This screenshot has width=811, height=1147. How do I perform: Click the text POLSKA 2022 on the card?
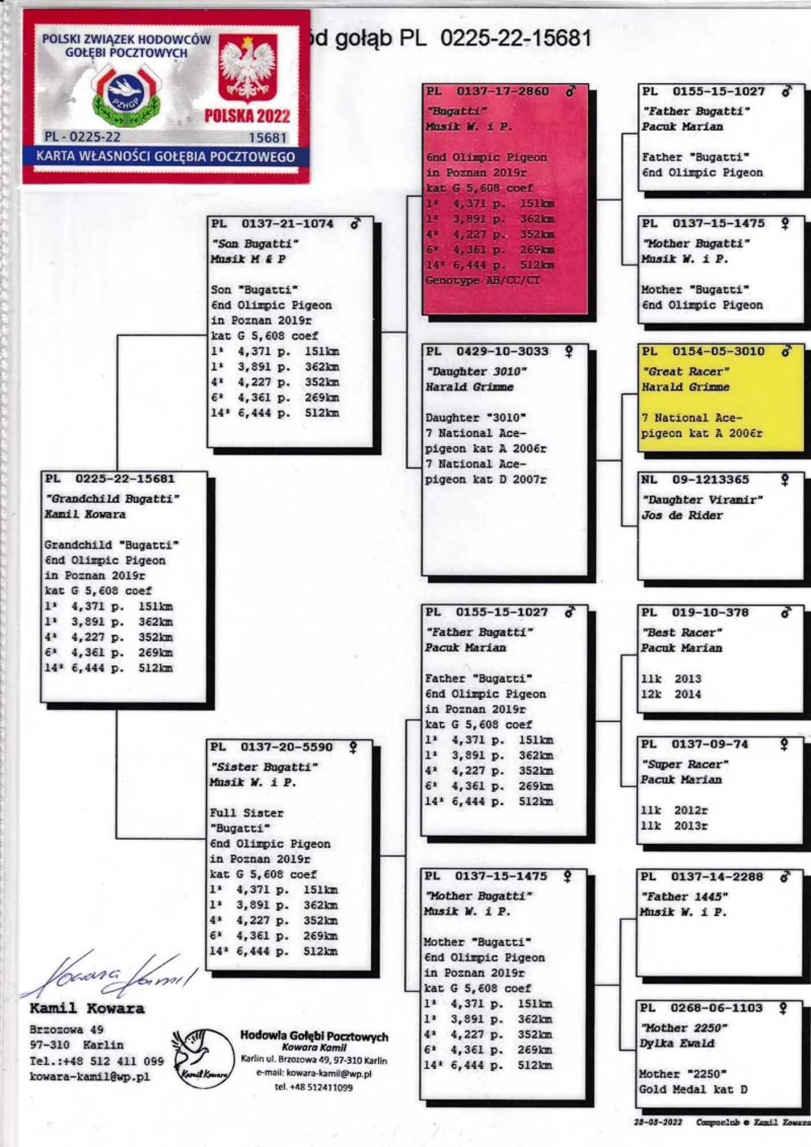247,116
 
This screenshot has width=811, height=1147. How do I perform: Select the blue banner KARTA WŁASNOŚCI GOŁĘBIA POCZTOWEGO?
166,157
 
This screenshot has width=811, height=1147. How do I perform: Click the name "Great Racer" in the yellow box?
685,372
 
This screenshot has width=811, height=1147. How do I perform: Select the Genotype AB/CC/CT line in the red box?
482,280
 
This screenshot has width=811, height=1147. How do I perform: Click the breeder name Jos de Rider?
682,515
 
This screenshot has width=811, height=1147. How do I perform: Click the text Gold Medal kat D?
693,1089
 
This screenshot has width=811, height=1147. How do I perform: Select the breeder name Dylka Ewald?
677,1043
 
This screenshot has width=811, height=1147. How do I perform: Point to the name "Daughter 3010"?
476,372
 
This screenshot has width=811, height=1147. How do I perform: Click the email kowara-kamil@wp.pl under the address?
90,1076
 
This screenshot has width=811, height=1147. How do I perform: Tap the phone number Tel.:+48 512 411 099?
96,1061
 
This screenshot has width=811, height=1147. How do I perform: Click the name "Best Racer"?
681,633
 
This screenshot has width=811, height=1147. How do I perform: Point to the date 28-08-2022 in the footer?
658,1122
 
